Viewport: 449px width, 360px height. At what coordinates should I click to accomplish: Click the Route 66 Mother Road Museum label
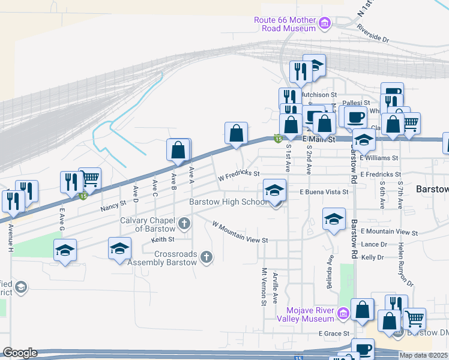[285, 24]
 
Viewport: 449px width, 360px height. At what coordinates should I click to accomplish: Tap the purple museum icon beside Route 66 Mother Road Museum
[325, 24]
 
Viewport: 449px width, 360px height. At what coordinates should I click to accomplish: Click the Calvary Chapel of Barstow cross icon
[185, 224]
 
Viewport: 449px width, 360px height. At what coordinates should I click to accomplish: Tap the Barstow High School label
[228, 202]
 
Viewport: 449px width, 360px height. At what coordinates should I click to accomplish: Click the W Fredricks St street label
[238, 176]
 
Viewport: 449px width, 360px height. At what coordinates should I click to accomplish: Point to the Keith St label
[158, 239]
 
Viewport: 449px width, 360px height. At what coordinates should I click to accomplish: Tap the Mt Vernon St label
[264, 286]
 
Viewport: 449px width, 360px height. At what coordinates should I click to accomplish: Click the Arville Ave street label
[276, 287]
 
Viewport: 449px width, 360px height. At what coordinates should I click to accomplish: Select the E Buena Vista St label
[324, 192]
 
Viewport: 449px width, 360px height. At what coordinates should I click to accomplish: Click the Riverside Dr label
[373, 34]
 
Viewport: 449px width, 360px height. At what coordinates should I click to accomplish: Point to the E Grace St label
[334, 334]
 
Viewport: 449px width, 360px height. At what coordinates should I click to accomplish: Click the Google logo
[20, 353]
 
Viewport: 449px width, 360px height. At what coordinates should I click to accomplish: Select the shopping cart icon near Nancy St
[89, 178]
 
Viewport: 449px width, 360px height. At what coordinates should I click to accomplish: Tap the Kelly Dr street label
[372, 257]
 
